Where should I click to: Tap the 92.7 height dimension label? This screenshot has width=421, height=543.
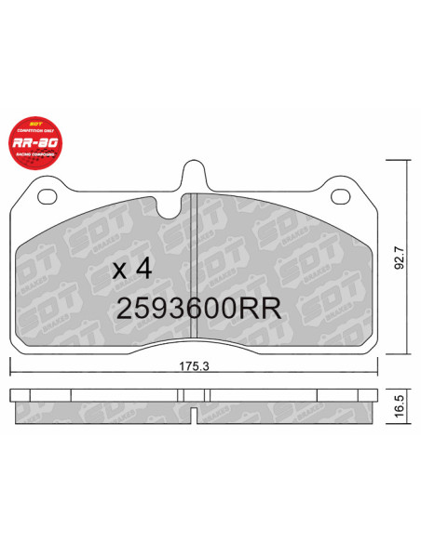pos(399,257)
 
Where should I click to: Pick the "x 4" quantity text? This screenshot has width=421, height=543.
pos(131,270)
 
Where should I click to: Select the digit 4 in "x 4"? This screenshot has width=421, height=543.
pos(143,270)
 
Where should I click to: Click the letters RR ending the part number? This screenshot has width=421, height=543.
pos(265,308)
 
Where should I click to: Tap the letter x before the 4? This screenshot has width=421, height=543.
pos(118,271)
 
